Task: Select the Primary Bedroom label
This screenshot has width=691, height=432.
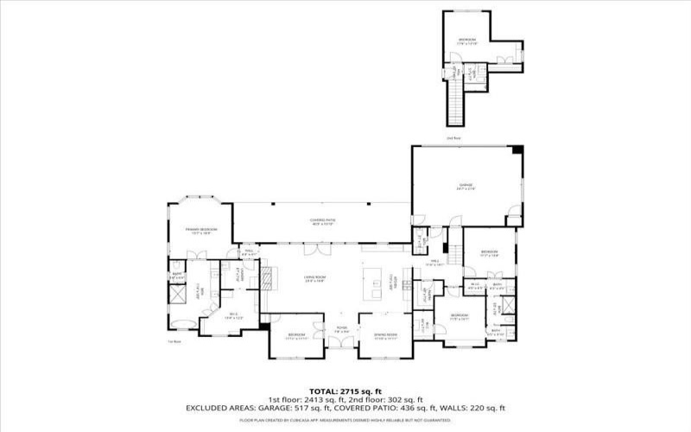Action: [200, 231]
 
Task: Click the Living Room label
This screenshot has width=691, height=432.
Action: [314, 279]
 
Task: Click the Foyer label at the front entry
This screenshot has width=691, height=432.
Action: [341, 329]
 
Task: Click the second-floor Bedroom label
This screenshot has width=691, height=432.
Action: [466, 41]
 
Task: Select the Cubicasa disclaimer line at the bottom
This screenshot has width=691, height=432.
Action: [345, 420]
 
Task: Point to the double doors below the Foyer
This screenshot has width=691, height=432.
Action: [341, 343]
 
